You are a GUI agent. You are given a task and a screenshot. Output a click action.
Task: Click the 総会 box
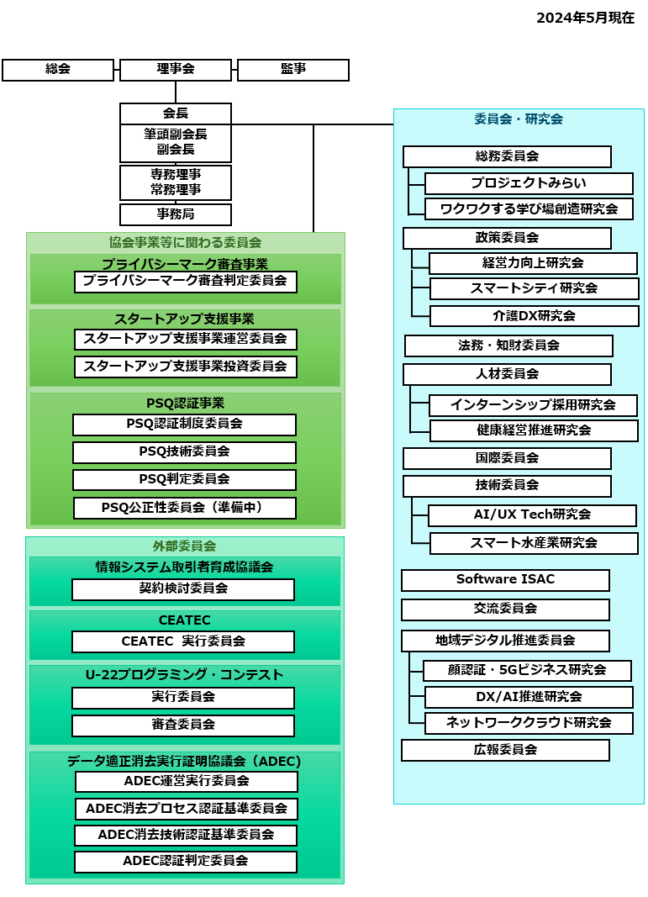point(58,70)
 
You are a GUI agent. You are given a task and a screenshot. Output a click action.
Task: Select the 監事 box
point(292,70)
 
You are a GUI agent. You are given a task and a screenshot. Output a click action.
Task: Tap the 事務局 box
point(176,214)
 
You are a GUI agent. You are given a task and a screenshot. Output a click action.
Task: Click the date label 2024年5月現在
point(585,18)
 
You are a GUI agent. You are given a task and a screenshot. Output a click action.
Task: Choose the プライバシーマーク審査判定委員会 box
point(185,282)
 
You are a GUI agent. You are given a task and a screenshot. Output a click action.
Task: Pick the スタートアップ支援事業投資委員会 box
point(185,367)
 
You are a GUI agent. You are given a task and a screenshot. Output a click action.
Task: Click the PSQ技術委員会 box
point(184,452)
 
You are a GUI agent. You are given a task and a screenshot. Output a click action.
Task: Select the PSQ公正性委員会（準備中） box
point(185,508)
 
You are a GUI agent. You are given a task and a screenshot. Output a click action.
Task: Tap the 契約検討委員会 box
point(183,589)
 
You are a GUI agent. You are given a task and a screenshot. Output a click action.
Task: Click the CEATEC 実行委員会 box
point(183,642)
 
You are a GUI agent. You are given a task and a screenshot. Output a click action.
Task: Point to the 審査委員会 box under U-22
point(183,726)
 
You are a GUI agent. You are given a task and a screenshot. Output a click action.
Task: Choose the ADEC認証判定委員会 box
point(186,862)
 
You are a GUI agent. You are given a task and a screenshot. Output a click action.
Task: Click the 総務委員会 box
point(507,156)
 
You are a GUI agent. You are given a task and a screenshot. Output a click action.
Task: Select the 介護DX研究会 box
point(535,316)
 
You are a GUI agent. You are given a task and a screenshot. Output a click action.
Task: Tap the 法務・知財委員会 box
point(508,346)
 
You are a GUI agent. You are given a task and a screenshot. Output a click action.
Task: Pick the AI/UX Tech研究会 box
point(533,515)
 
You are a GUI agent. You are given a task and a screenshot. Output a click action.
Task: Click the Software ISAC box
point(506,580)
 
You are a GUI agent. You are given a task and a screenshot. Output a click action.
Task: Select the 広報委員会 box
point(506,750)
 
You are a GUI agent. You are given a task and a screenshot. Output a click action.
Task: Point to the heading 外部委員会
point(184,546)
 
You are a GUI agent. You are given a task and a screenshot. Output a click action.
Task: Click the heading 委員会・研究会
point(519,119)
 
